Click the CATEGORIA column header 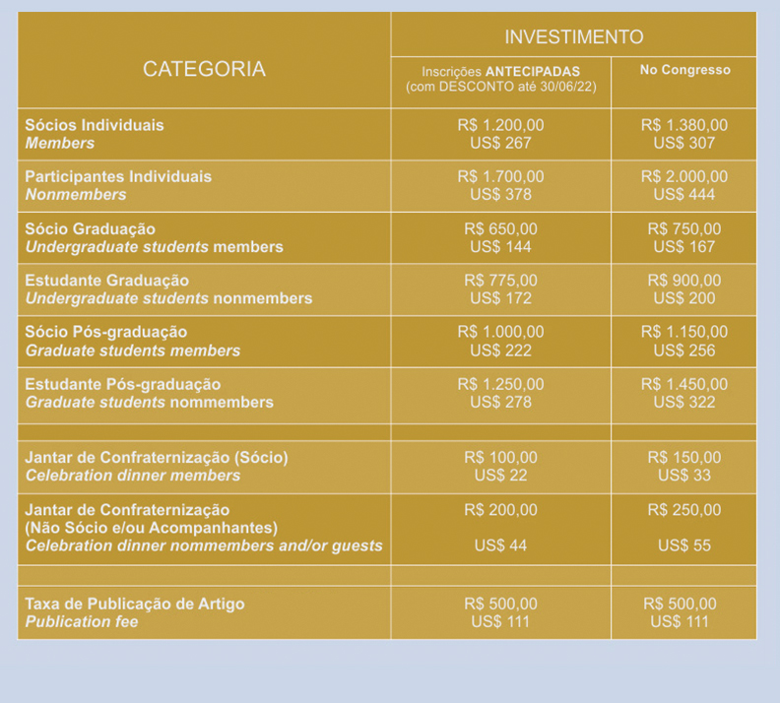[204, 69]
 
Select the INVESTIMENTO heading [573, 37]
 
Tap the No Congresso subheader [684, 71]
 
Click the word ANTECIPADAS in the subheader [533, 72]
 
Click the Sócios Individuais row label [95, 126]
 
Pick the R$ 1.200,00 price [500, 126]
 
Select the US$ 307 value [683, 144]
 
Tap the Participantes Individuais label [118, 177]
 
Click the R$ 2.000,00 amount [683, 177]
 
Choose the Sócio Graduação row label [91, 229]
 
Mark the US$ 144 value [500, 247]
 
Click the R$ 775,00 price [500, 281]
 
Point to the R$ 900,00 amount [683, 281]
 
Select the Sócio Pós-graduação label [106, 333]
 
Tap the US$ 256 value [683, 351]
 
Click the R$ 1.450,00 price [683, 384]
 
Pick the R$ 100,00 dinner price [500, 458]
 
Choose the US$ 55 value [683, 545]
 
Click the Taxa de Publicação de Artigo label [135, 604]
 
